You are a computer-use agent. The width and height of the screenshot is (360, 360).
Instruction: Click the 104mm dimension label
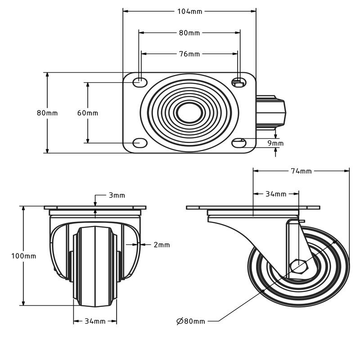coord(189,11)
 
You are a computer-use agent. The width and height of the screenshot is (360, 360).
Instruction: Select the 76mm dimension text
coord(189,54)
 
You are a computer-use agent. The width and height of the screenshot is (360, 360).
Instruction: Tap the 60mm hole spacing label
coord(88,113)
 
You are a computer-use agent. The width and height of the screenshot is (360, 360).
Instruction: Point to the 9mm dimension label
coord(275,144)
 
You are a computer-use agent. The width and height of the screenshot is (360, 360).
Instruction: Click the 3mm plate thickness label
coord(117,195)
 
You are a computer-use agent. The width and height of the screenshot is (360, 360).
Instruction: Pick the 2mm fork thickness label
coord(162,245)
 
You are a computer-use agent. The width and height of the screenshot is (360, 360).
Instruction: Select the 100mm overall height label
coord(24,256)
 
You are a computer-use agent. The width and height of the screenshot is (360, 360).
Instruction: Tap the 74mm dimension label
coord(301,171)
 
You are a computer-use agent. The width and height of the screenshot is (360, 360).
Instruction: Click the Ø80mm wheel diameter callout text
coord(191,321)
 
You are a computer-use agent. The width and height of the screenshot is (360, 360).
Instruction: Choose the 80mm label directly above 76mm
coord(189,32)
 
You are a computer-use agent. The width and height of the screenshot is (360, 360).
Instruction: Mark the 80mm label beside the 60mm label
coord(47,113)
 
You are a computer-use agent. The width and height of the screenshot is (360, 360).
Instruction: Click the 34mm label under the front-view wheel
coord(95,321)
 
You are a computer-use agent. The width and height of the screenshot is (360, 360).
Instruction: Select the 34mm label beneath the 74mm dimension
coord(276,194)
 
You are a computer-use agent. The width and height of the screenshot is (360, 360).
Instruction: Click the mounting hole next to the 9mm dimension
coord(238,143)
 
